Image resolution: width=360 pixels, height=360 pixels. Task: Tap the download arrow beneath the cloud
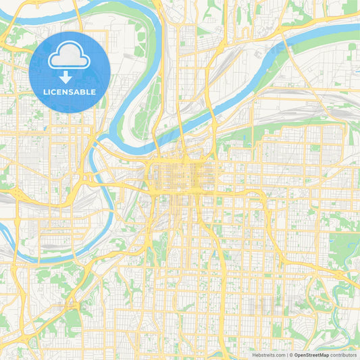click(70, 78)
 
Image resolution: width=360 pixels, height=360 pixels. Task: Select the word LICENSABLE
click(70, 92)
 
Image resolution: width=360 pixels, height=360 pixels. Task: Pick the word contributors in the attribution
click(343, 354)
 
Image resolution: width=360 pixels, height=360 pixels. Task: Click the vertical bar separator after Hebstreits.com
click(287, 354)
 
